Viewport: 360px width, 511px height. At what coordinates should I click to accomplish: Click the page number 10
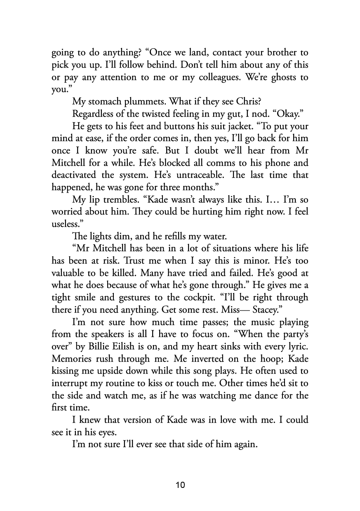(180, 485)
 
